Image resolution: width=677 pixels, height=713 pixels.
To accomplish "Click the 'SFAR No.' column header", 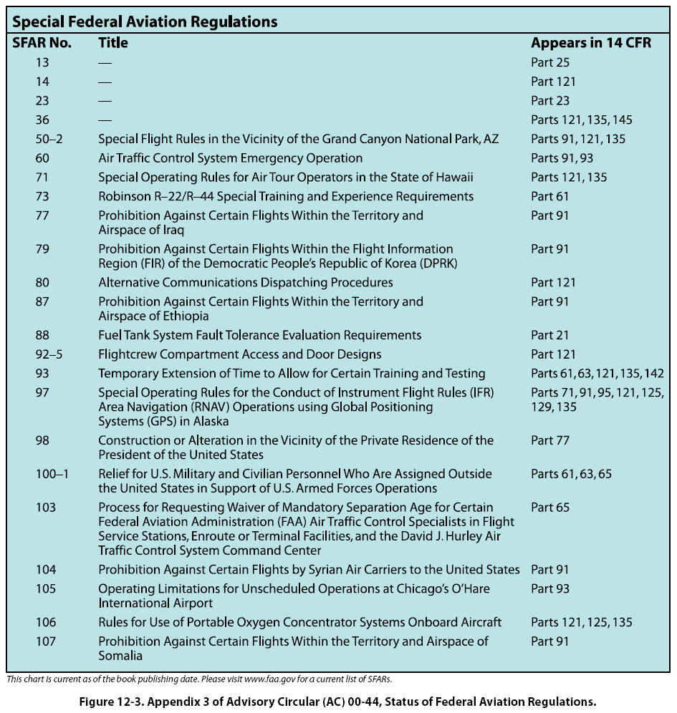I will pos(42,43).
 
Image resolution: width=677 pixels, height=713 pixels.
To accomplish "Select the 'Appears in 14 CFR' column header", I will pos(591,43).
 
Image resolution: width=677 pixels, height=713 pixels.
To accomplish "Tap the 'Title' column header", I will pos(113,43).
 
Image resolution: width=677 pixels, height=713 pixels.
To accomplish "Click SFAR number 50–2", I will pos(49,139).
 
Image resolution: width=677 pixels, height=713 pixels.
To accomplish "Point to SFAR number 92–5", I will pos(49,354).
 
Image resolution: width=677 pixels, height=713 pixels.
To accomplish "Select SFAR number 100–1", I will pos(52,474).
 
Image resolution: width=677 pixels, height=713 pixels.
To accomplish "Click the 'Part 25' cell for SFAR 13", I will pos(550,62).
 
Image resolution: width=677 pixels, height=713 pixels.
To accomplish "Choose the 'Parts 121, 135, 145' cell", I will pos(581,120).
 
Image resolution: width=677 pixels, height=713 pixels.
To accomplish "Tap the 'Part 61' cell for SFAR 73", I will pos(550,196).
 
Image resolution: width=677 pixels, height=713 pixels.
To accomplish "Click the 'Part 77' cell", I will pos(550,440).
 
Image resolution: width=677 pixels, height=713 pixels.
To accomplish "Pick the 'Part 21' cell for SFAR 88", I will pos(550,335).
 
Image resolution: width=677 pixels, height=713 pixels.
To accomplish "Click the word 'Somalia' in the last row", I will pos(120,656).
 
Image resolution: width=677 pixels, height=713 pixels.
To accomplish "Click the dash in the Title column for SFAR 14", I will pos(105,82).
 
